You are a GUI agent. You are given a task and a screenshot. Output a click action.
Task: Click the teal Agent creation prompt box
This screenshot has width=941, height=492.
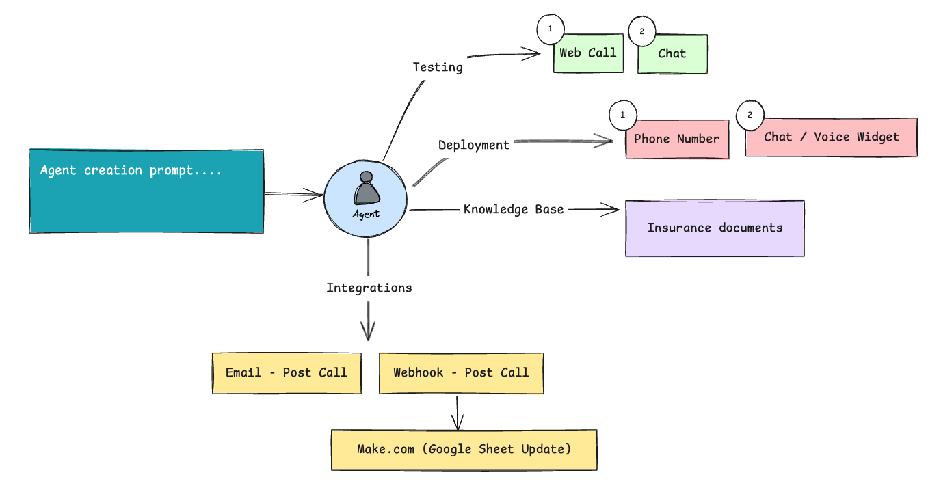click(146, 191)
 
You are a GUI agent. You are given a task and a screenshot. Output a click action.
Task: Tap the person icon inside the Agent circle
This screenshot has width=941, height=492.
click(367, 188)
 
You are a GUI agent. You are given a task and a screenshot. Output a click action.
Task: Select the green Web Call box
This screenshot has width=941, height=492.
click(588, 53)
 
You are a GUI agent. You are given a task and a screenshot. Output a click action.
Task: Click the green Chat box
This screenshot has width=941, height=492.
click(672, 54)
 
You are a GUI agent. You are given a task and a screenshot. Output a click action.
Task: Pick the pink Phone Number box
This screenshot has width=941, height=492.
click(677, 139)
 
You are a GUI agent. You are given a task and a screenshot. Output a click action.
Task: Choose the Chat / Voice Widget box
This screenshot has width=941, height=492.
click(832, 137)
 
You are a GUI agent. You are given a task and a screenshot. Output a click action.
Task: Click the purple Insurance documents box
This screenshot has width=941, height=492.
click(715, 228)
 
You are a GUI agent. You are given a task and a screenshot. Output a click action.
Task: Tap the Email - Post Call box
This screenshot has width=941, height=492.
click(287, 373)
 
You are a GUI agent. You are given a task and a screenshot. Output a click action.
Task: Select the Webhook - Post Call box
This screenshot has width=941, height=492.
click(461, 373)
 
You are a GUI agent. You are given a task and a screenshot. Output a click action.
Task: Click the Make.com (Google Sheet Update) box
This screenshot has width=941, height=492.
click(464, 450)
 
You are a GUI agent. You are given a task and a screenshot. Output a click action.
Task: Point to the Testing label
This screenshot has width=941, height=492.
click(438, 67)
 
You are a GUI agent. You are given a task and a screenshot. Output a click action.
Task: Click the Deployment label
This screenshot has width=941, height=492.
click(474, 146)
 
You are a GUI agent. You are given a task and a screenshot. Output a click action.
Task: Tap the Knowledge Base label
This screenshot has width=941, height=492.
click(514, 210)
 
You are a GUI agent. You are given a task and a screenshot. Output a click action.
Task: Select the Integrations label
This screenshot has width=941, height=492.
click(369, 288)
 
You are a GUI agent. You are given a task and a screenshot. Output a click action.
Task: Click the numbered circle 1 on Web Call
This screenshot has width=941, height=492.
click(551, 29)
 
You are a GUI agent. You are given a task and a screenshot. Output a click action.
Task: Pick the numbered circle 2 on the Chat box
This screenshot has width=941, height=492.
click(642, 31)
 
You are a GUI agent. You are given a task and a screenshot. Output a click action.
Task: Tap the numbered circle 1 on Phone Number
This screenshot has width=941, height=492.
click(623, 115)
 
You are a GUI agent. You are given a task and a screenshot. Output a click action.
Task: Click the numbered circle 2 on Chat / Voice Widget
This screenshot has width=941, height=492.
click(750, 115)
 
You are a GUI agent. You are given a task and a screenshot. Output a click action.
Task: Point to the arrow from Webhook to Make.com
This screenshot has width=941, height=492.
click(458, 413)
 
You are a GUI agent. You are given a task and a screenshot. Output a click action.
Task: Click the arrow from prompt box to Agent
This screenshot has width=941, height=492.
click(293, 194)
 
